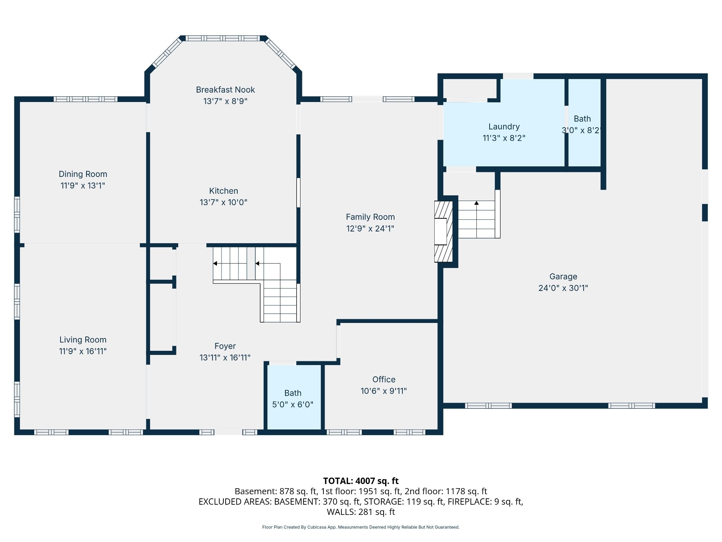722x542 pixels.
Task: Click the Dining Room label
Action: pos(83,174)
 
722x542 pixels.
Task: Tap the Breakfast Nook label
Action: pos(225,90)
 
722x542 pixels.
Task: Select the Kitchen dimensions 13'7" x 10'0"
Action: pos(223,202)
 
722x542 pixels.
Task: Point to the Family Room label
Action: pos(370,217)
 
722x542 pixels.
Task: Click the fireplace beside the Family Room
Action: pos(443,231)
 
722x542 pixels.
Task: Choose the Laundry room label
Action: pos(504,126)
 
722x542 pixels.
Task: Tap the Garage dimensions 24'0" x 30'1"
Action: pos(563,288)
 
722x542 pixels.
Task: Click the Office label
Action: pos(384,379)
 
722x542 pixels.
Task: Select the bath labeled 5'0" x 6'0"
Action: pos(293,399)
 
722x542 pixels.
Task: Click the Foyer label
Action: pos(225,346)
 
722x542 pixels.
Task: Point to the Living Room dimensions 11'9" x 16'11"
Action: pos(83,351)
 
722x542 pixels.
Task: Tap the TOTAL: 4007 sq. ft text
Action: pos(361,481)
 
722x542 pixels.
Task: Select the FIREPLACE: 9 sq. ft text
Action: pos(485,502)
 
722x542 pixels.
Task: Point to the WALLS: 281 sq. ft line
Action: pos(361,512)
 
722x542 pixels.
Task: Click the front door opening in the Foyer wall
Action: pos(228,432)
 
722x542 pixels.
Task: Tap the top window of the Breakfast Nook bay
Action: pos(223,38)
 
